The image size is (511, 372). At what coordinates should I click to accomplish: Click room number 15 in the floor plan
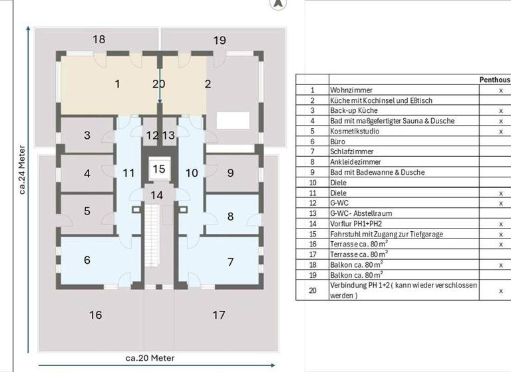[158, 169]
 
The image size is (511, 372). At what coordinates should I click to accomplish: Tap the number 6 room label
[87, 260]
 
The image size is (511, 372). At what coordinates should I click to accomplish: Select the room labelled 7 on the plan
[231, 262]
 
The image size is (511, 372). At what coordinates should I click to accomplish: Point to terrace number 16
[96, 315]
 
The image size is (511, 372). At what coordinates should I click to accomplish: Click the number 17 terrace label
[219, 315]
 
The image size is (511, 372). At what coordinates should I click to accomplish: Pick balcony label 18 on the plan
[98, 40]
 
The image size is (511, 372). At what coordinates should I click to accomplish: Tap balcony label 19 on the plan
[219, 41]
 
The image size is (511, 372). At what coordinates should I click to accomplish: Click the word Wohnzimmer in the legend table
[351, 90]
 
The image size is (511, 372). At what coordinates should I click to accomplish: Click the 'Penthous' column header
[494, 79]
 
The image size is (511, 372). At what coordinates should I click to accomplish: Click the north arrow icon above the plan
[278, 3]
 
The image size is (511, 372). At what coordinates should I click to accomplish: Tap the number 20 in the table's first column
[312, 290]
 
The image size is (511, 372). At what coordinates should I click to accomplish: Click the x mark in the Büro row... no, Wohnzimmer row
[500, 90]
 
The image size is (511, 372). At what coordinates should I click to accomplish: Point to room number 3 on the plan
[87, 136]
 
